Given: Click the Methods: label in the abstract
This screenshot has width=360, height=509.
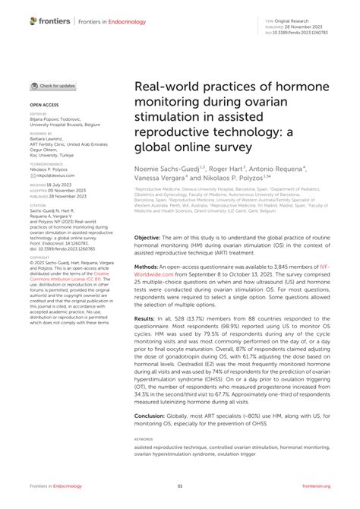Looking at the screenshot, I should click(x=147, y=267).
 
